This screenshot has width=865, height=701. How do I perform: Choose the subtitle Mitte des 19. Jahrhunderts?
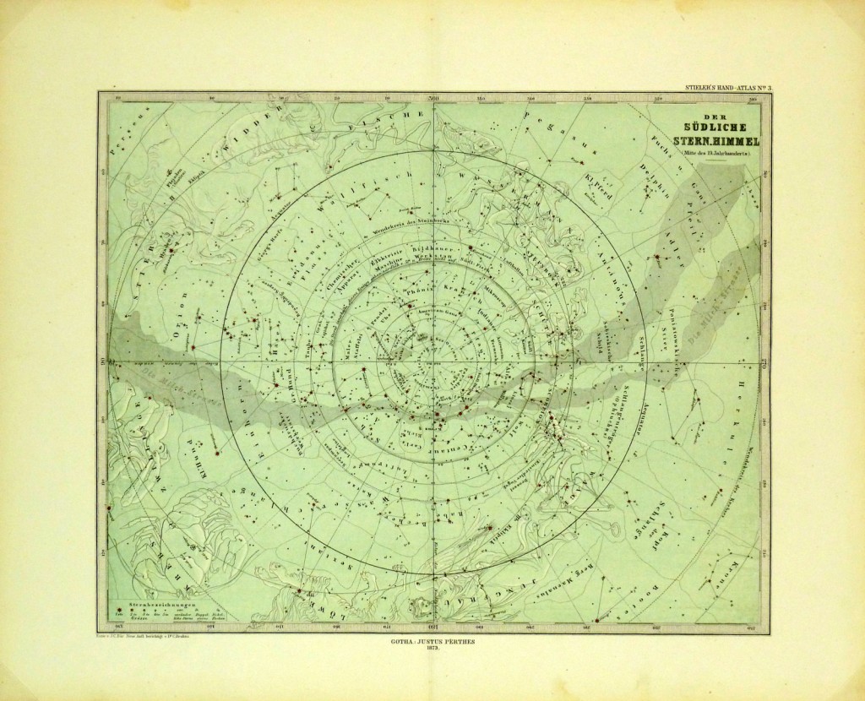tap(715, 153)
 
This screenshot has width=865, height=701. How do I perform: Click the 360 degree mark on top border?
tap(433, 102)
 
